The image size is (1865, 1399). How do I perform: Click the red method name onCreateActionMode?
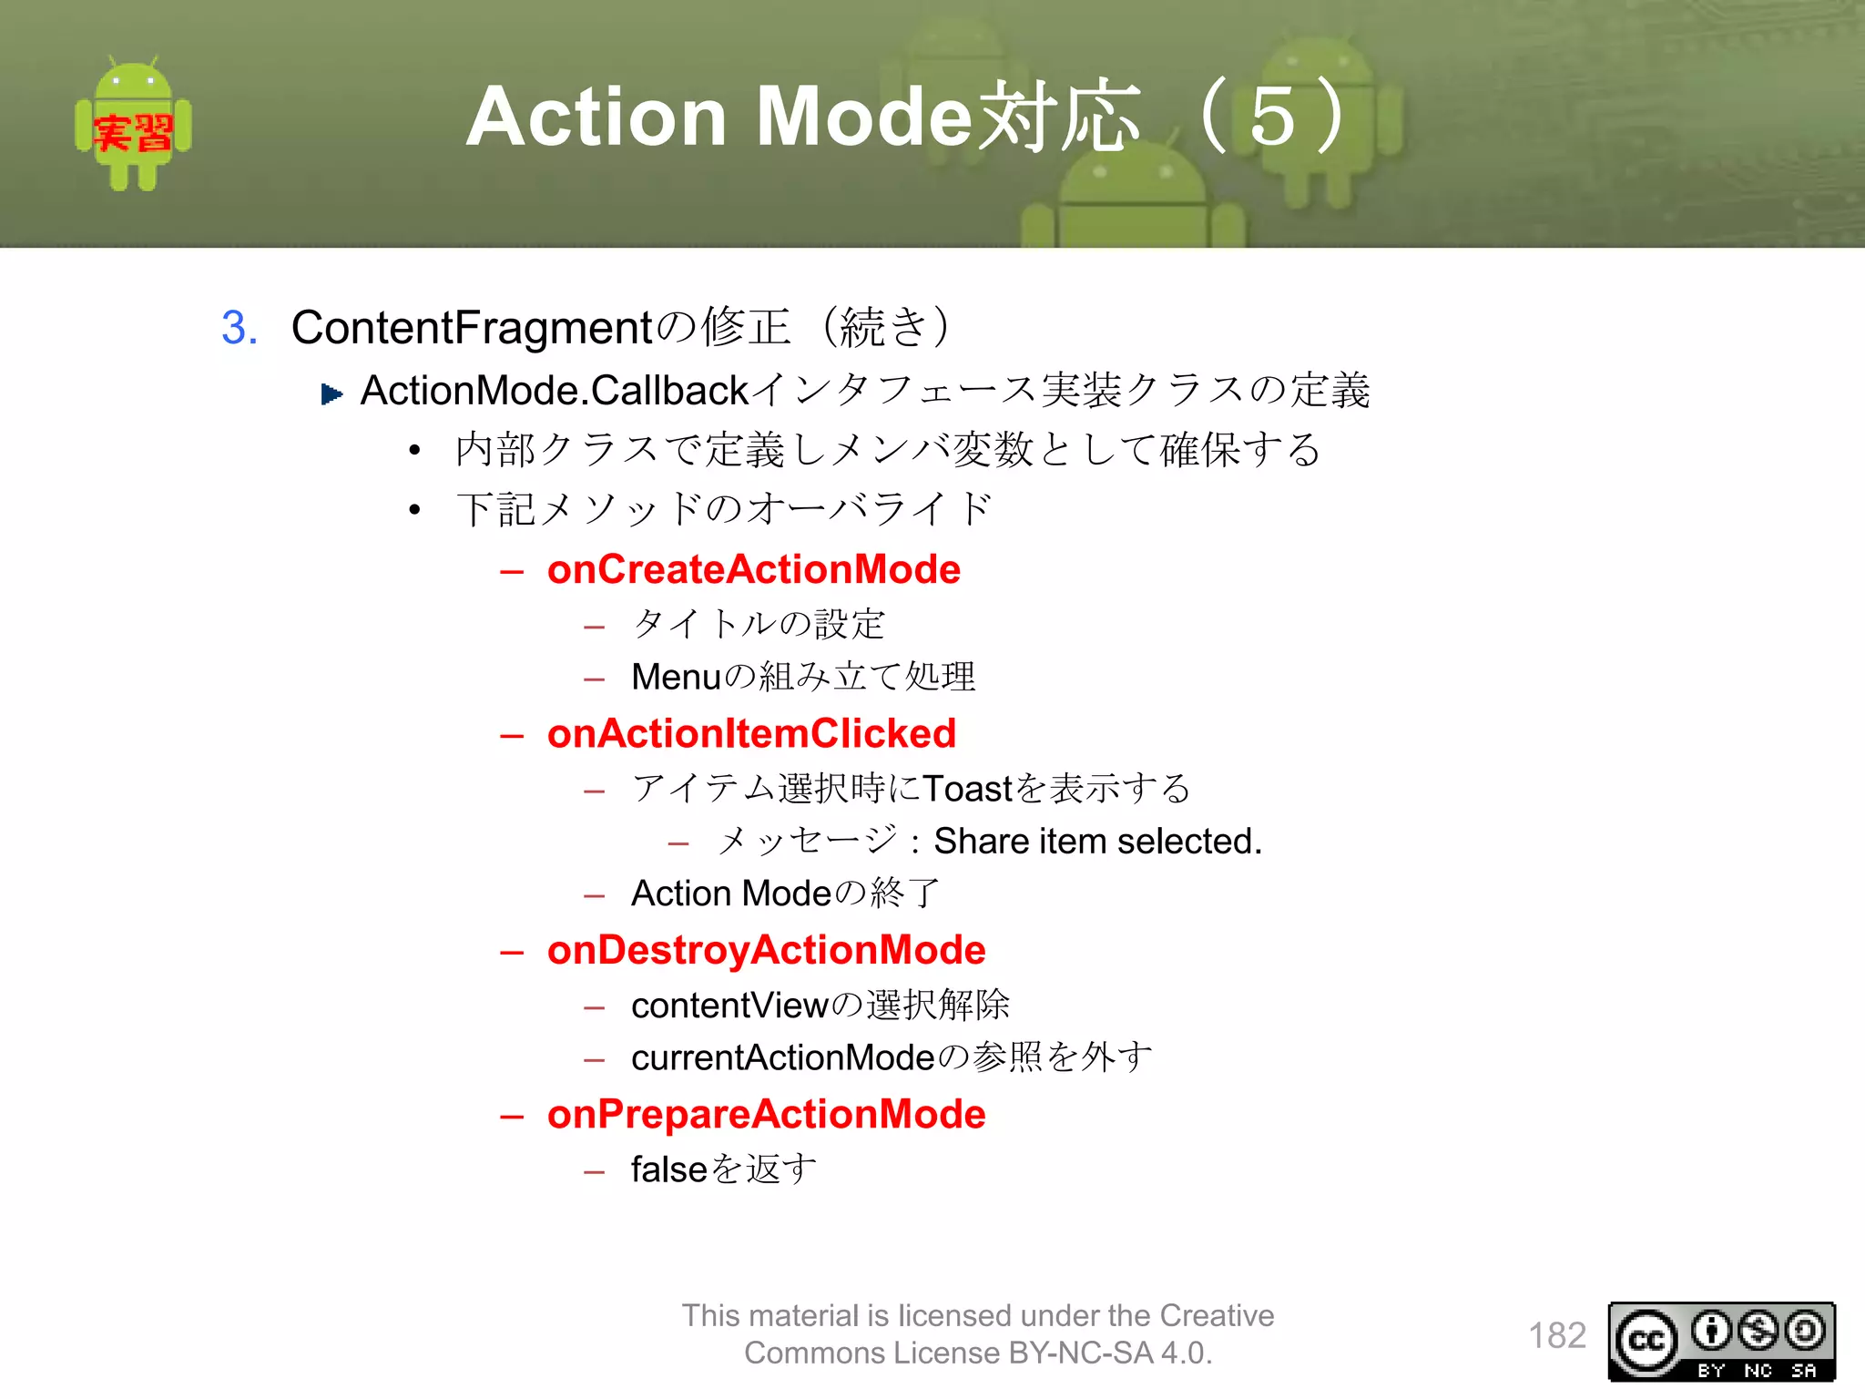(x=753, y=570)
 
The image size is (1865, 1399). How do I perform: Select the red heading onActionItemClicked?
(x=751, y=734)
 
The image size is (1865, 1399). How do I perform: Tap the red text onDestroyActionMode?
(x=766, y=951)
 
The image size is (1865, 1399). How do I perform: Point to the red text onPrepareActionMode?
(x=766, y=1115)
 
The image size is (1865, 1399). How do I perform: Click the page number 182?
(x=1556, y=1336)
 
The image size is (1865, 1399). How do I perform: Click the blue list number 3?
(x=239, y=328)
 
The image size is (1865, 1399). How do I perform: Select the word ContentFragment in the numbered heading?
(x=472, y=328)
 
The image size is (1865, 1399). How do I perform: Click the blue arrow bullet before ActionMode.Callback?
(x=331, y=394)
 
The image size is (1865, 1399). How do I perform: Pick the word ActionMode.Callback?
(x=555, y=391)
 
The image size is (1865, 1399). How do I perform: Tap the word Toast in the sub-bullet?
(x=967, y=789)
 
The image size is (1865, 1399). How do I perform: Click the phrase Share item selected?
(x=1097, y=842)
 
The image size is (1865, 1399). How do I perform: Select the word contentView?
(x=729, y=1006)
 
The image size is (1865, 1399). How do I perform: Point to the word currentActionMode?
(x=783, y=1058)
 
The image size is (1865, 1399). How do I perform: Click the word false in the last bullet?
(x=668, y=1169)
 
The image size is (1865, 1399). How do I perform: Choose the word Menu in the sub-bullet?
(x=676, y=678)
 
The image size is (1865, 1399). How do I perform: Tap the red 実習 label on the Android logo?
(x=133, y=133)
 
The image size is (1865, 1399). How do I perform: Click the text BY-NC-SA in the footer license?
(x=1081, y=1353)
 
